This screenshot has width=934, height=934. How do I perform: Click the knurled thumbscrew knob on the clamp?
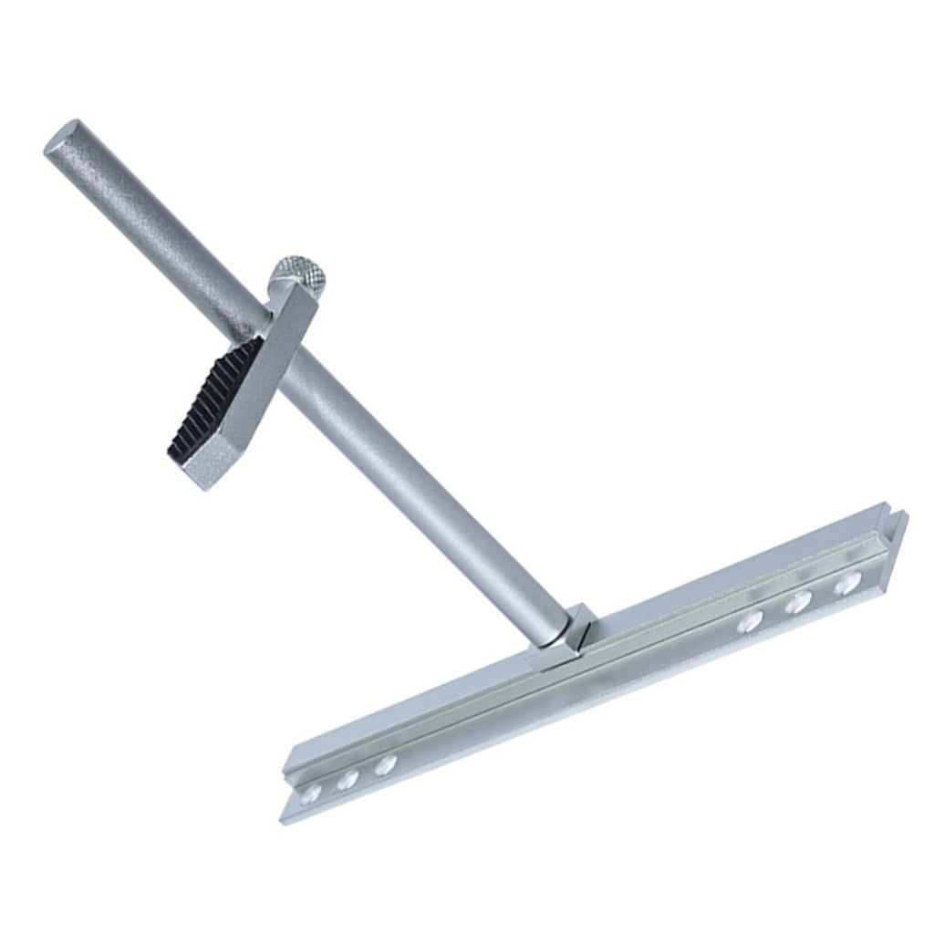[x=298, y=273]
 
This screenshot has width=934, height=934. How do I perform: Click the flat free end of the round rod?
[x=62, y=138]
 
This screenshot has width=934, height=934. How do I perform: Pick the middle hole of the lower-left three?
[x=348, y=780]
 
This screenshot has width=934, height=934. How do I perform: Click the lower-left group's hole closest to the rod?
[x=385, y=765]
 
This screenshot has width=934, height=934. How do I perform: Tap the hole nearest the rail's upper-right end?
[x=848, y=583]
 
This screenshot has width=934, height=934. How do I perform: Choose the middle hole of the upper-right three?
[x=799, y=601]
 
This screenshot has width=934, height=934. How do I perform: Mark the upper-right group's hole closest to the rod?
[x=750, y=621]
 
